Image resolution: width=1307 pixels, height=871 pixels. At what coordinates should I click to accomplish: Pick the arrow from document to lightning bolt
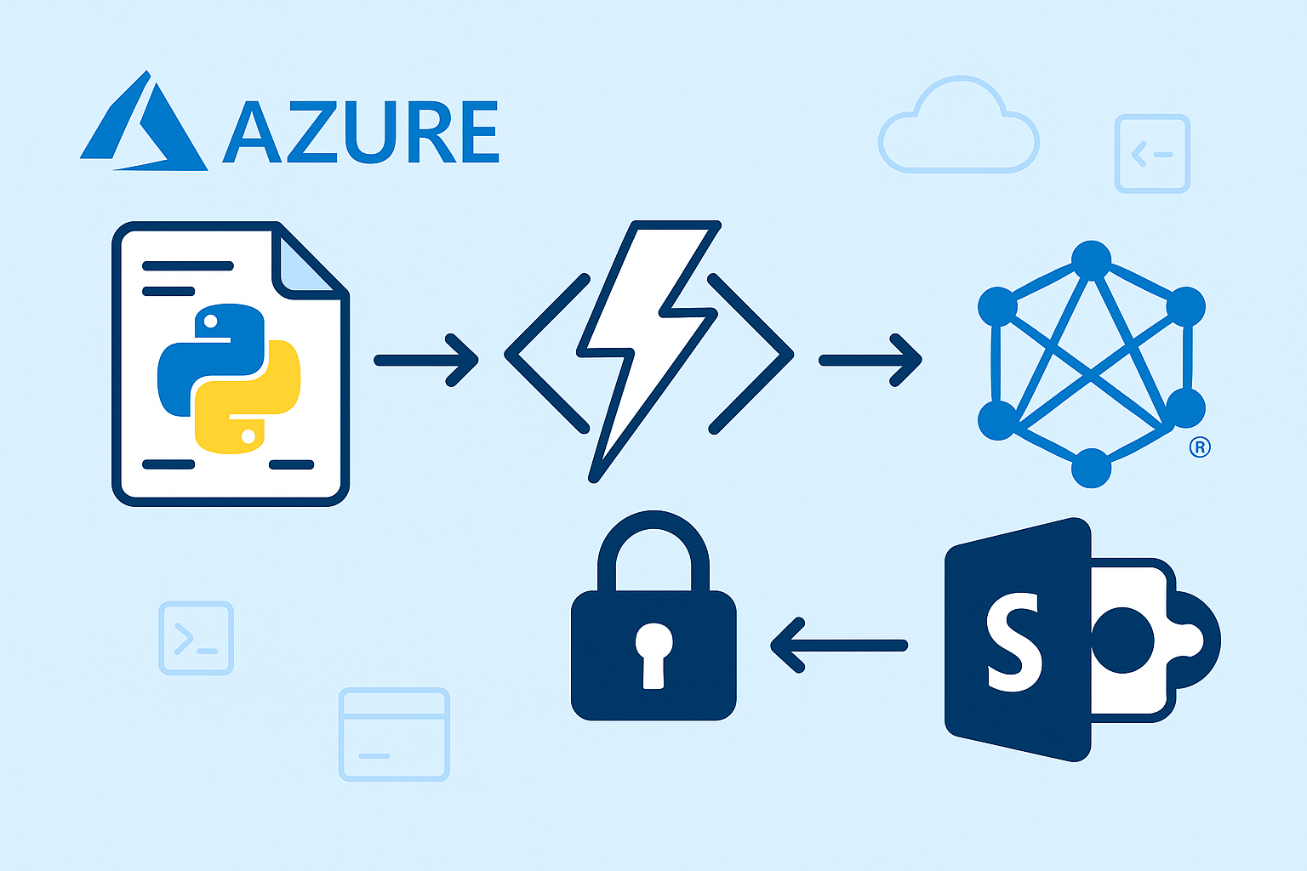point(425,360)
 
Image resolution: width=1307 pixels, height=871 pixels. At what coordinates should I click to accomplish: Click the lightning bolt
point(647,349)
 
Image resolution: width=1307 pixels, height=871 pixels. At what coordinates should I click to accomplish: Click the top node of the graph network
point(1091,259)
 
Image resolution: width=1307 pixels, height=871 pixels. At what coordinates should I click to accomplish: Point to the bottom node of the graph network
point(1091,467)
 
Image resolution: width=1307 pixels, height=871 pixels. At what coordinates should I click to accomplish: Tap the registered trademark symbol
point(1199,447)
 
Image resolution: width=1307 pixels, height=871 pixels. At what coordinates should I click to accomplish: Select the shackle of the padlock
point(653,549)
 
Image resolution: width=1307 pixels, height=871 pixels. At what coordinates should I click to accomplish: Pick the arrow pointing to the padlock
point(838,646)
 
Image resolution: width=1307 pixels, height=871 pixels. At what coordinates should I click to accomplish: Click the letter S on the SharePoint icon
point(1014,642)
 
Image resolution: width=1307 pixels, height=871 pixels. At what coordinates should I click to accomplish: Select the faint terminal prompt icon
point(196,638)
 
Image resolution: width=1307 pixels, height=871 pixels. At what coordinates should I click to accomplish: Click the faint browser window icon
point(394,734)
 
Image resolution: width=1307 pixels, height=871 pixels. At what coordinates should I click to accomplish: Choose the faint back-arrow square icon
point(1152,154)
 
